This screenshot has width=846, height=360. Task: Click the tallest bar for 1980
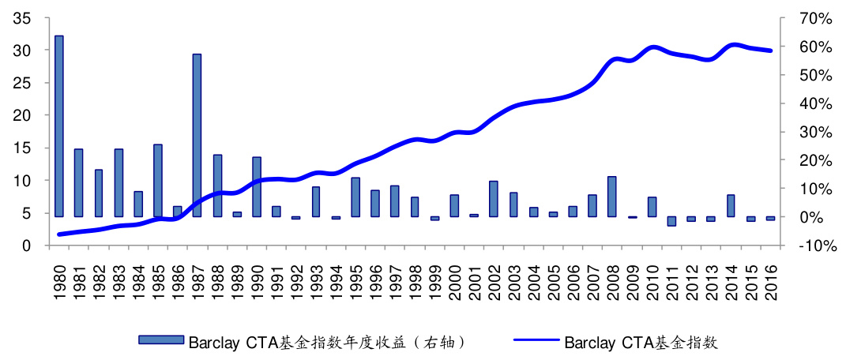[58, 126]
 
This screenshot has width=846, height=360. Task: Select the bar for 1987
[197, 135]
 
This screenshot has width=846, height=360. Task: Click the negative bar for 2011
[671, 221]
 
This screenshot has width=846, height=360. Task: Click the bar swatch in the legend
[161, 342]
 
